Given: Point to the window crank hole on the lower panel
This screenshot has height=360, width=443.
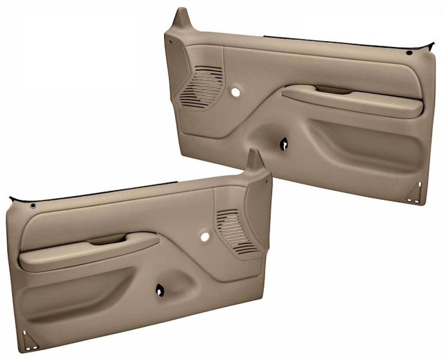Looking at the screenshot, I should point(161,290).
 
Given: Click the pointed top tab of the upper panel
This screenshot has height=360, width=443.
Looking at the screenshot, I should point(182,17).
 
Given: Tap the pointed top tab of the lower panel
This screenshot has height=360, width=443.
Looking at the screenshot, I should point(254,159).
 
